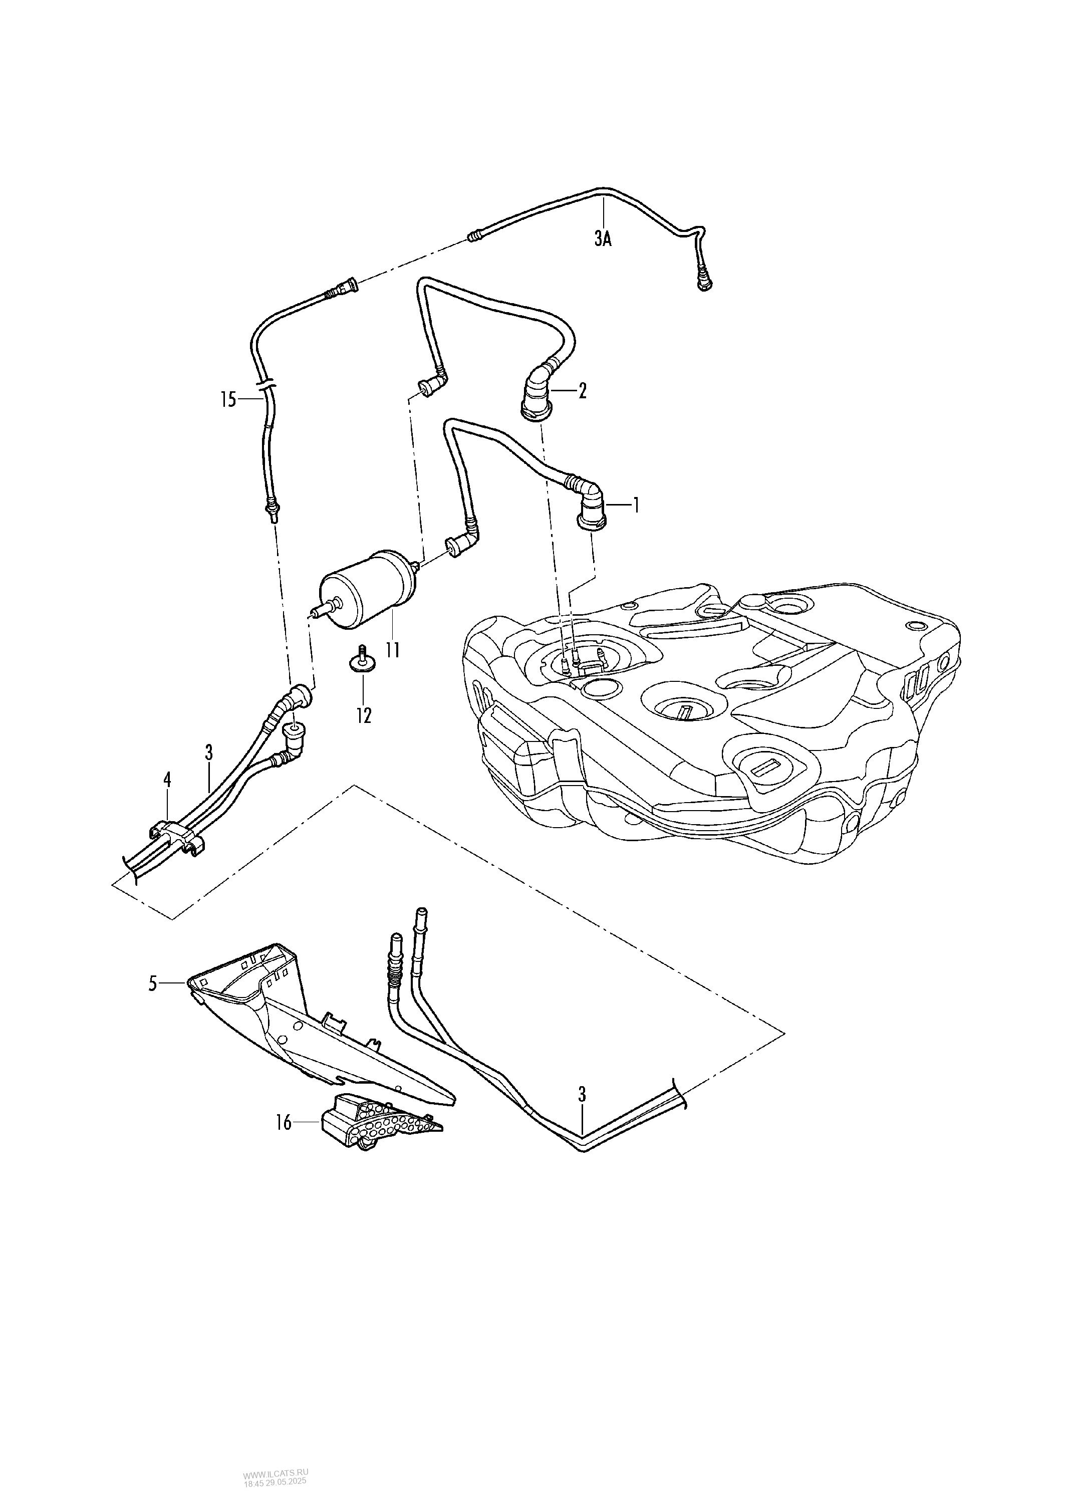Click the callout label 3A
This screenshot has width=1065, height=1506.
pyautogui.click(x=603, y=239)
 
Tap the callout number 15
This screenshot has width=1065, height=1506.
pyautogui.click(x=227, y=399)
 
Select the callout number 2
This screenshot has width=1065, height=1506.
pyautogui.click(x=582, y=392)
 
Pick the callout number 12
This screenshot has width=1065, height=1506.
pyautogui.click(x=363, y=715)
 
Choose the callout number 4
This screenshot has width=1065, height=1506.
pyautogui.click(x=167, y=779)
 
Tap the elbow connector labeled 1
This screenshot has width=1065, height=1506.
pyautogui.click(x=592, y=505)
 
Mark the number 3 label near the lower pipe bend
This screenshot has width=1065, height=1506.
pyautogui.click(x=582, y=1094)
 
